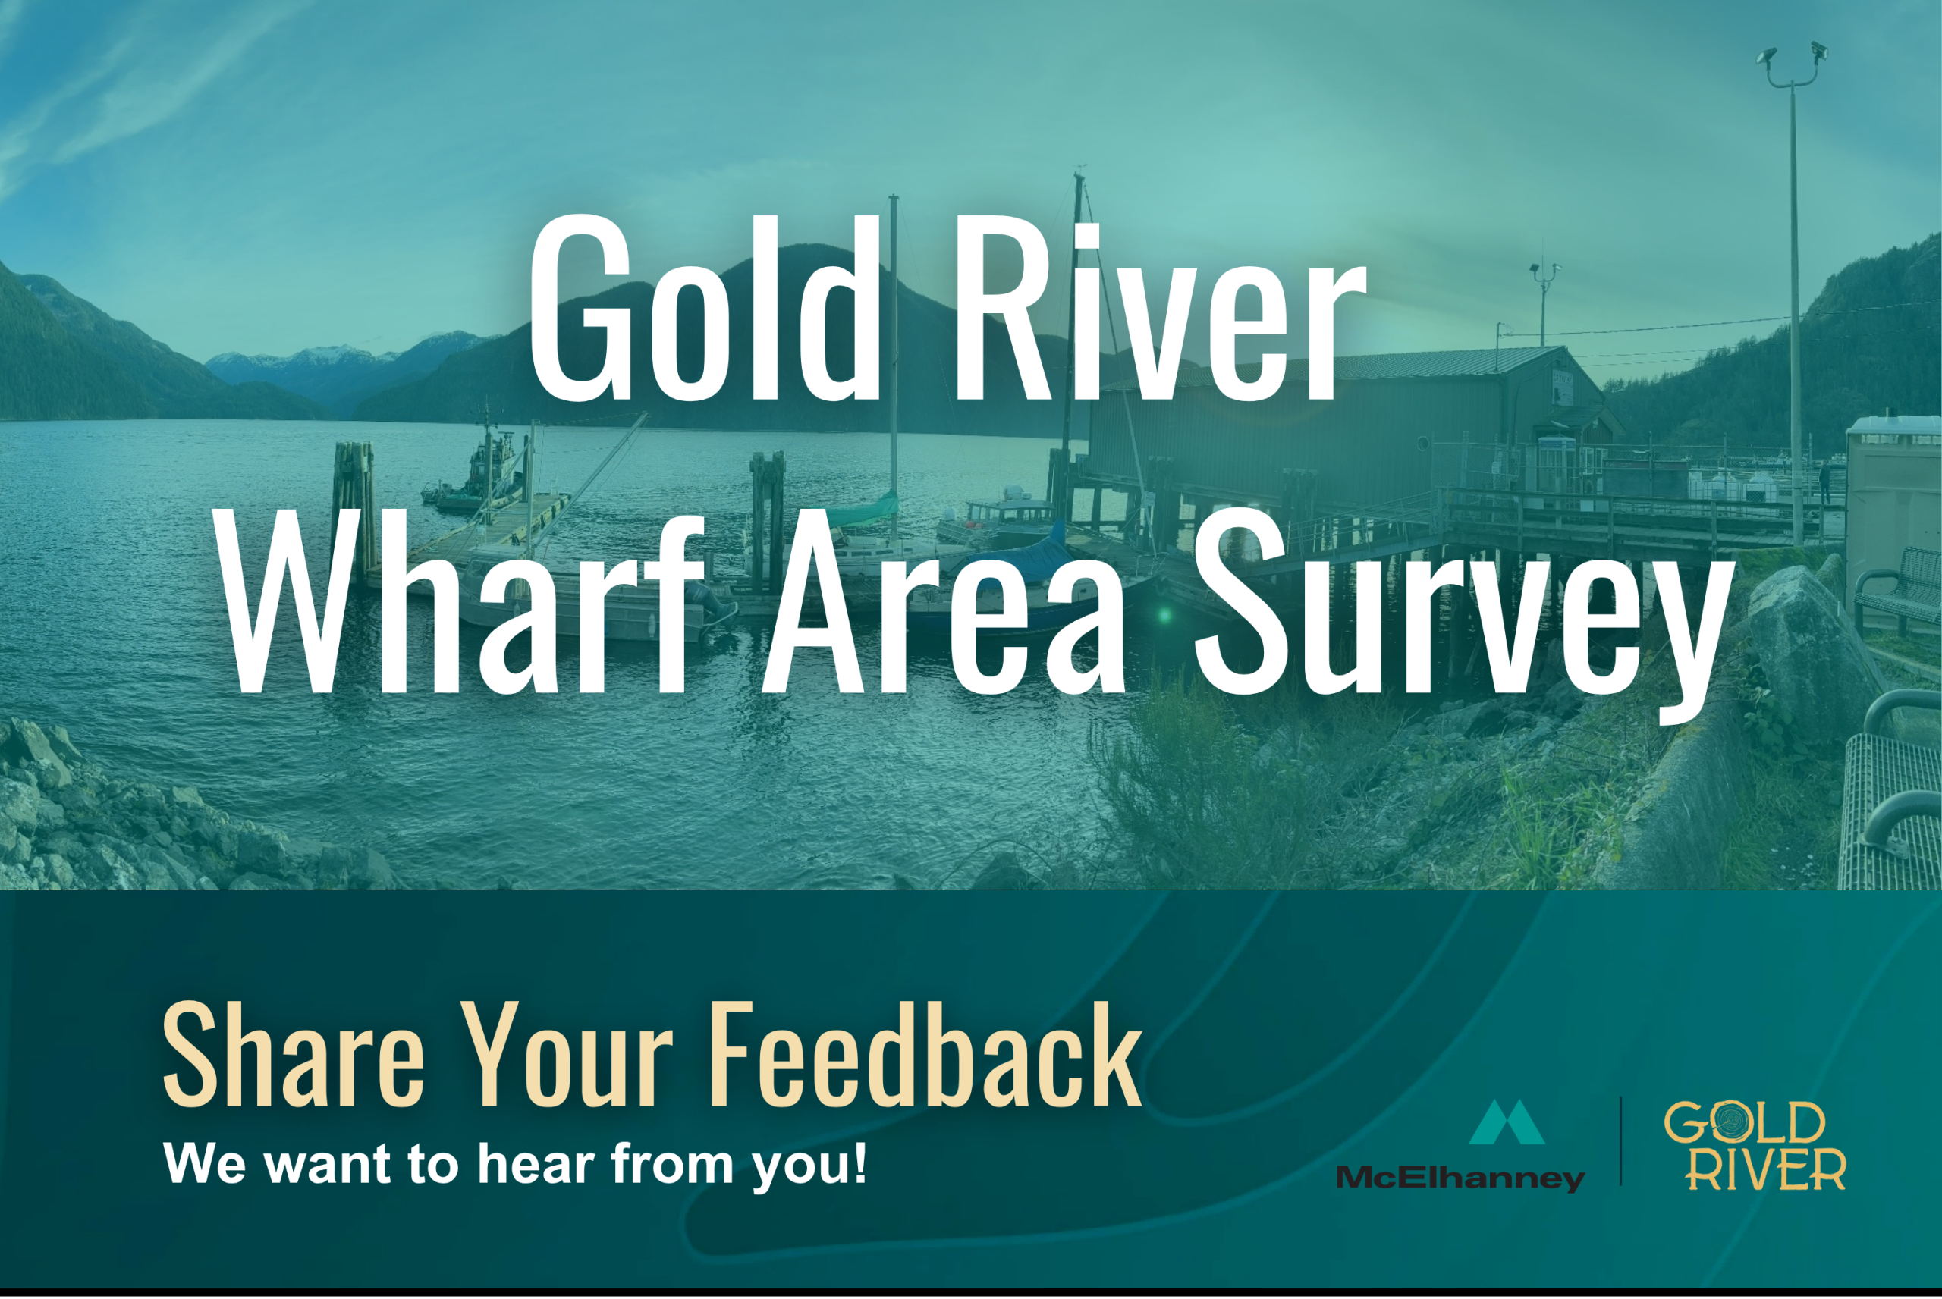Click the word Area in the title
945,603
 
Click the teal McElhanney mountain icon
1507,1122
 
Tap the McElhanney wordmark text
1460,1178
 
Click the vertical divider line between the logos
1621,1141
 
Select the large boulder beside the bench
1806,654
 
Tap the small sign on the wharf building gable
1562,384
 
